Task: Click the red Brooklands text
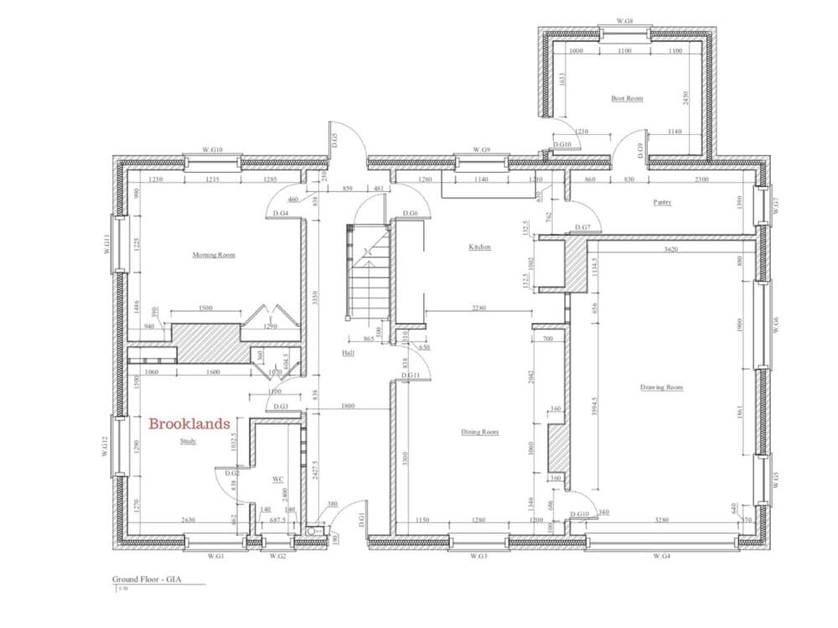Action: click(189, 424)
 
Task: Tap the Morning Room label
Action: click(214, 255)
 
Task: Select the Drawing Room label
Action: click(661, 387)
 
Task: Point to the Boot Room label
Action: click(627, 99)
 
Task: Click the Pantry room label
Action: click(664, 202)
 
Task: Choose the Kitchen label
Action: click(479, 247)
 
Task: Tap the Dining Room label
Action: click(479, 432)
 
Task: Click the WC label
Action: click(278, 480)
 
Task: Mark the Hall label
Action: click(349, 354)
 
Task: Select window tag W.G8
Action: click(624, 19)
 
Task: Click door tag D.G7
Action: click(582, 228)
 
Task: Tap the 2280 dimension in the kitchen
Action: click(478, 308)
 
